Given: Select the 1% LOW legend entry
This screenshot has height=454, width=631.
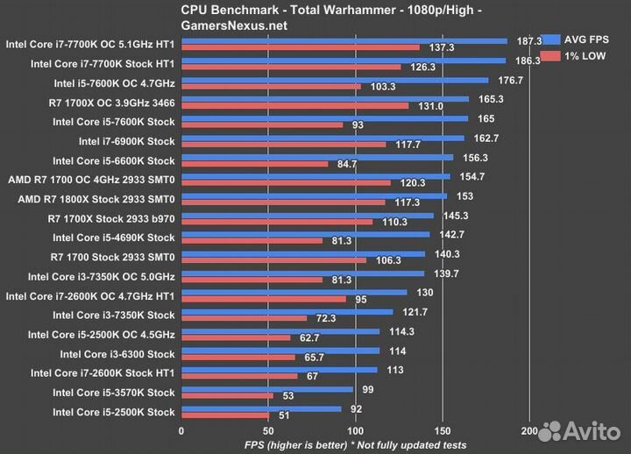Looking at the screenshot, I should [x=583, y=55].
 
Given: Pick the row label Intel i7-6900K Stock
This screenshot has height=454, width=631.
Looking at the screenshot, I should [x=126, y=141].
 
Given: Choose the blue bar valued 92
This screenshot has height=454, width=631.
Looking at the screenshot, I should [x=261, y=408].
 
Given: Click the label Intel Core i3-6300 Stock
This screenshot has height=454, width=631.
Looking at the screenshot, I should [x=117, y=354].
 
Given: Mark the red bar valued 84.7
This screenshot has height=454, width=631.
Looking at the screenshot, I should [x=254, y=164].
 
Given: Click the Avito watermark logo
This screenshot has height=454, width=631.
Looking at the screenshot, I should [x=578, y=430].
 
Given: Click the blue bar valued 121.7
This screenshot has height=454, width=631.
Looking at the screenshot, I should [x=287, y=311].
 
